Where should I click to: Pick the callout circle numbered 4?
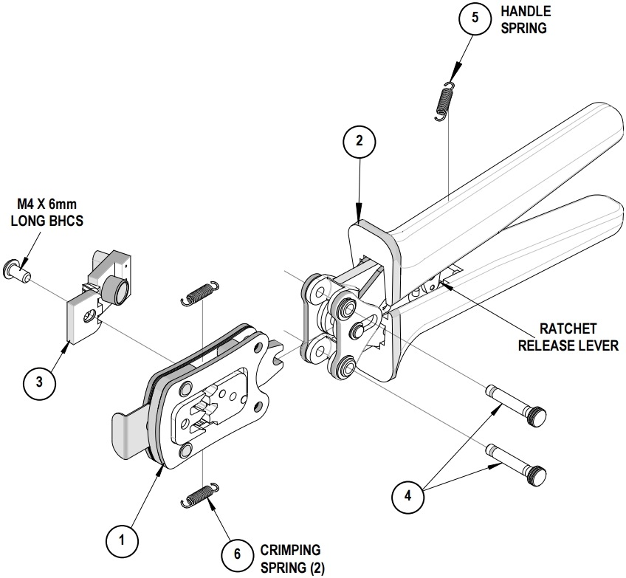(x=407, y=496)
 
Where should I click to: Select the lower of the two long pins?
(x=517, y=457)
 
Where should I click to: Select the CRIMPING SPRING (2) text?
(x=292, y=559)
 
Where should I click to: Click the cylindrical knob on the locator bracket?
(x=116, y=289)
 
